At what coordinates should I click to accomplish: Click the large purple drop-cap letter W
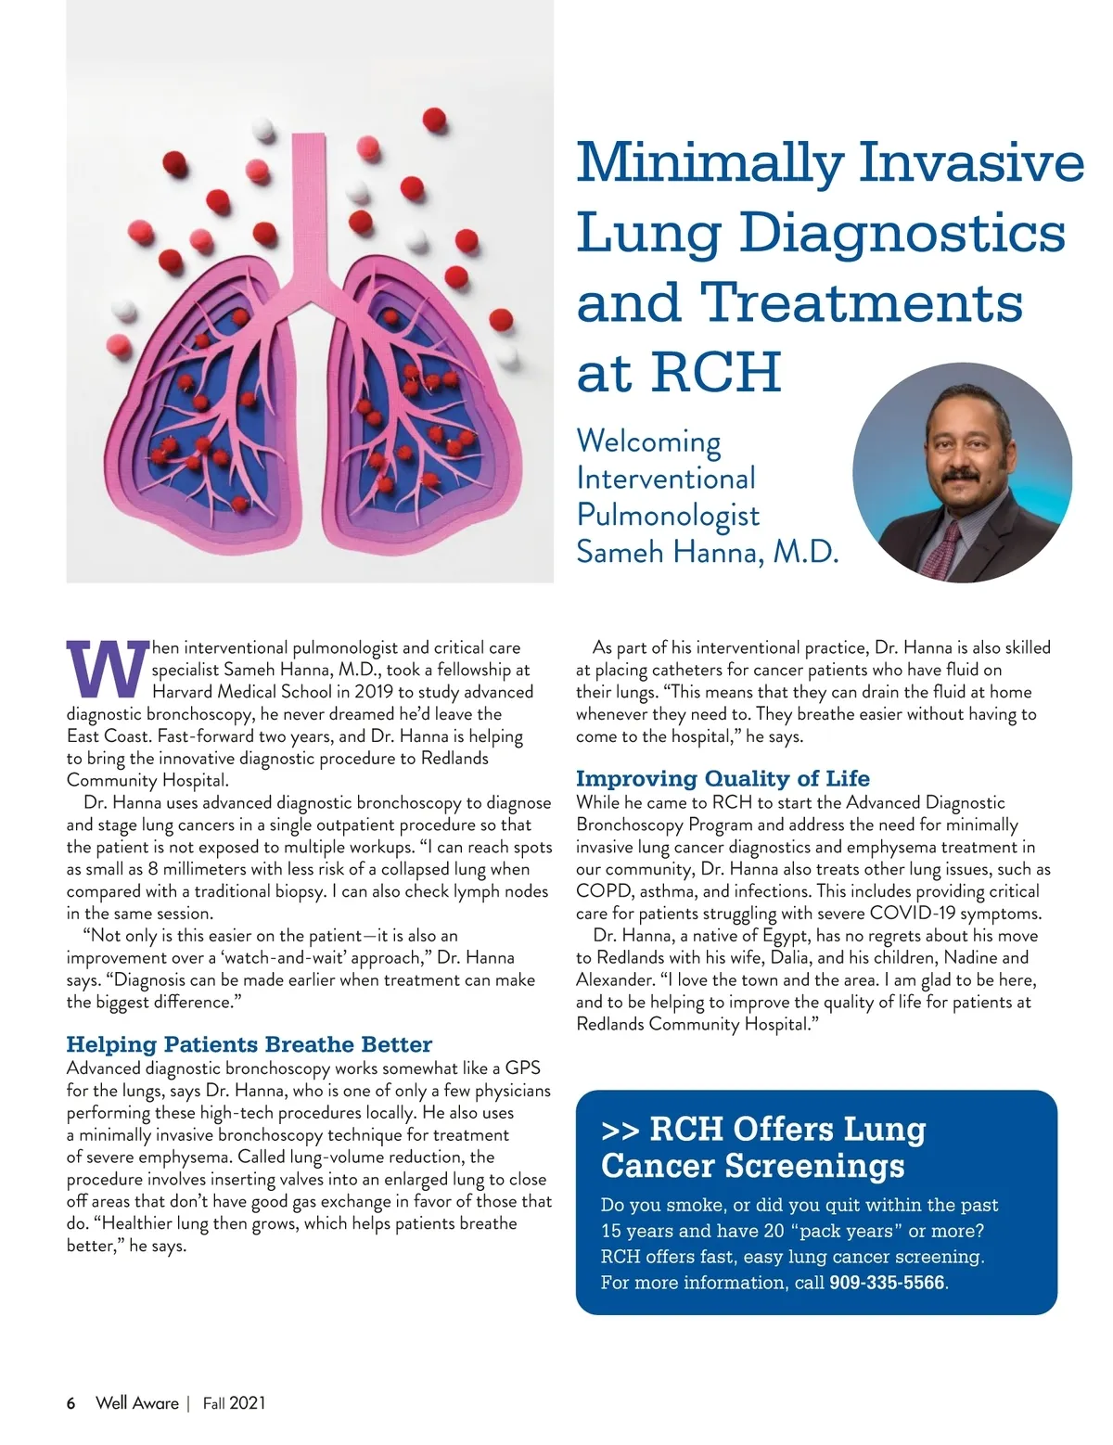click(108, 667)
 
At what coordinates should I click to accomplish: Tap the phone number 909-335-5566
click(888, 1283)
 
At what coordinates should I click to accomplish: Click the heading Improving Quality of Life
click(723, 778)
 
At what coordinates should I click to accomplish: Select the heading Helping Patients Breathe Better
click(249, 1044)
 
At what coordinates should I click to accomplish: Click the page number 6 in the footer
click(71, 1402)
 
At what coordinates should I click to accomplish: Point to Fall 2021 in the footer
click(234, 1402)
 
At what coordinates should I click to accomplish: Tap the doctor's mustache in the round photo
click(962, 476)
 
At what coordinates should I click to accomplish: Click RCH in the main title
click(717, 373)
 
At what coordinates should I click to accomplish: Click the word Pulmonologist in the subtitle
click(668, 515)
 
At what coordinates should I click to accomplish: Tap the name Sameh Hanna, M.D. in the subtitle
click(707, 552)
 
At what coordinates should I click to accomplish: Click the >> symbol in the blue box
click(620, 1130)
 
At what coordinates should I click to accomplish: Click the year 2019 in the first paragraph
click(374, 692)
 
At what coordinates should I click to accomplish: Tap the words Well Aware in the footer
click(136, 1402)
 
